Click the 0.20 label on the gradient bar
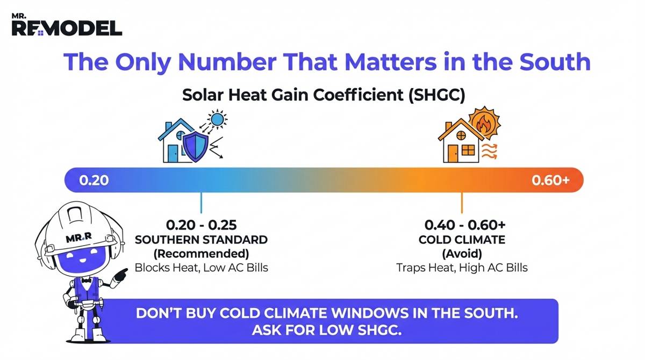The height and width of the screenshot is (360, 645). (94, 179)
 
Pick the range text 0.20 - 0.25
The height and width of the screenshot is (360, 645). (201, 225)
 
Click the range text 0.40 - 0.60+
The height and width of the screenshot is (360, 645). (462, 225)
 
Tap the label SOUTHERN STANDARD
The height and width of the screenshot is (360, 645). (201, 239)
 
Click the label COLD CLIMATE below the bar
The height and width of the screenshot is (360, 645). (462, 239)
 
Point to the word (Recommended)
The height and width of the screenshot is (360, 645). (201, 253)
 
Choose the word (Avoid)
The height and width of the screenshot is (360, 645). (462, 253)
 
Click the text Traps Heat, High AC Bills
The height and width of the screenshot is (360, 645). (462, 267)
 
